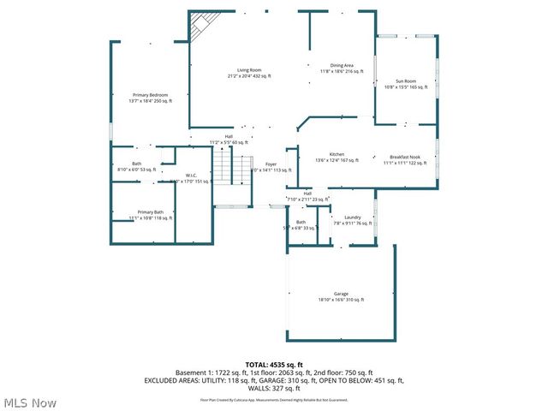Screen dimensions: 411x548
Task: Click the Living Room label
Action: [x=249, y=69]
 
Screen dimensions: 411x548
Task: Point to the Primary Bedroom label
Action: [x=150, y=94]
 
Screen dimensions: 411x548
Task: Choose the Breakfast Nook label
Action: [x=405, y=156]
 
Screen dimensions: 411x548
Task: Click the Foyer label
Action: [x=271, y=164]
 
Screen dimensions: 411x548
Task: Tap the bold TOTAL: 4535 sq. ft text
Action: [x=273, y=365]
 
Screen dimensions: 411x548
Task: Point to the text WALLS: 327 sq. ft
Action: [x=274, y=386]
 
